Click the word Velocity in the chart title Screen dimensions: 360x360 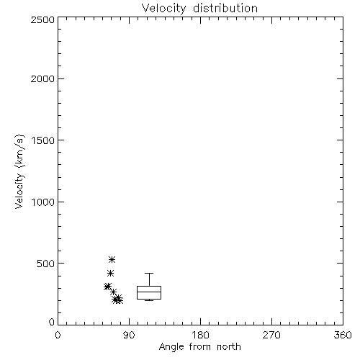point(163,9)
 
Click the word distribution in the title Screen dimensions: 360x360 point(225,8)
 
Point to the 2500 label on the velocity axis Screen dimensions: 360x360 point(42,19)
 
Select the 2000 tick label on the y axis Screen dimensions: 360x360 point(42,78)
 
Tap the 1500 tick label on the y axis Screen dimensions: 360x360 point(43,140)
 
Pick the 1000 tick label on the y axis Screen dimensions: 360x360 point(43,202)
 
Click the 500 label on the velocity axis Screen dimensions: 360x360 point(46,264)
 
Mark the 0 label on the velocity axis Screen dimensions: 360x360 point(52,322)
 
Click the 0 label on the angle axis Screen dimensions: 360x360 point(58,335)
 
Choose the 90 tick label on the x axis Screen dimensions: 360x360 point(129,335)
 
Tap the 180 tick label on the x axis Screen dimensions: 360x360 point(200,335)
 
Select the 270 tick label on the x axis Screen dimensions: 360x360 point(271,335)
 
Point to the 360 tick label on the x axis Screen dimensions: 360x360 point(343,335)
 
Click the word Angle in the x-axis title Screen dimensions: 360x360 point(171,347)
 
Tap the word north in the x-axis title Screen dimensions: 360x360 point(229,346)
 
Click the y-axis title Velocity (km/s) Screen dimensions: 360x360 point(19,171)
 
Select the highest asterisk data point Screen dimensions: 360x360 point(112,259)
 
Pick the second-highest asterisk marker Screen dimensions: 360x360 point(110,273)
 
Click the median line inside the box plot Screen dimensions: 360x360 point(149,292)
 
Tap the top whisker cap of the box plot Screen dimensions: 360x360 point(149,273)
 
